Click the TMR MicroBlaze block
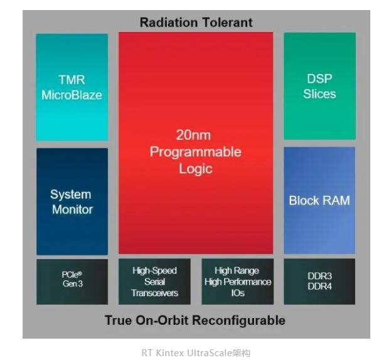tap(72, 87)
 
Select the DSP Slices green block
tap(319, 86)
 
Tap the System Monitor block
tap(72, 201)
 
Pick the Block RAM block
tap(319, 200)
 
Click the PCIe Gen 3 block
tap(72, 282)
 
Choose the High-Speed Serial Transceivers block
tap(154, 282)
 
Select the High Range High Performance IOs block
tap(238, 282)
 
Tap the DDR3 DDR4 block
tap(319, 282)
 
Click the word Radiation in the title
tap(169, 23)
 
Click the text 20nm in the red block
tap(193, 135)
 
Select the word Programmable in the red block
tap(196, 152)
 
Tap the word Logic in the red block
tap(196, 169)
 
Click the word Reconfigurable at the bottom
tap(238, 320)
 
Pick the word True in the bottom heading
tap(119, 320)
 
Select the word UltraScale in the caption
tap(210, 352)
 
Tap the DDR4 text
tap(319, 287)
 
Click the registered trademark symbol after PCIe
tap(80, 273)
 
